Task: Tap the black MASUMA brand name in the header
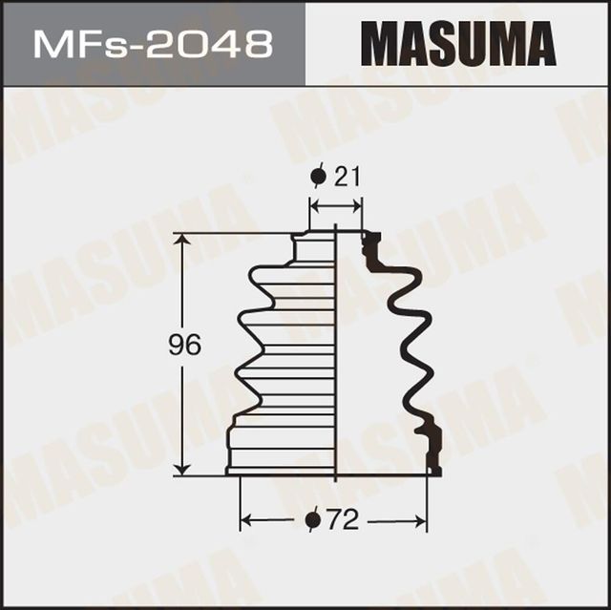pos(458,44)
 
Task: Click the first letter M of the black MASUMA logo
pos(382,44)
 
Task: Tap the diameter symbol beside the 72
pos(313,521)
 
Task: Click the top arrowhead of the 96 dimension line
pos(179,239)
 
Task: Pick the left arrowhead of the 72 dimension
pos(245,521)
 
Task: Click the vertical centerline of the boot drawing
pos(336,353)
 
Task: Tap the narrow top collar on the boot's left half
pos(311,246)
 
